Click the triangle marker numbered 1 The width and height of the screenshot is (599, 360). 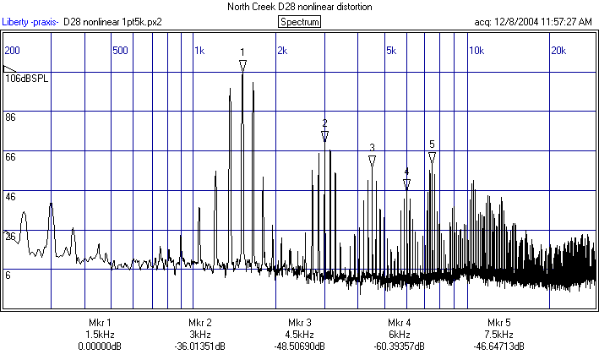coord(242,65)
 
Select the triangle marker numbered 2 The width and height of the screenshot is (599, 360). coord(324,135)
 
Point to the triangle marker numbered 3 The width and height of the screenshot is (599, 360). coord(372,161)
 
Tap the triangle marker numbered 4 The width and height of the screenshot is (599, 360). coord(406,183)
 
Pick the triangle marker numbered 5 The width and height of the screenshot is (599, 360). coord(432,157)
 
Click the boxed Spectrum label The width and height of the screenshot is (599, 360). coord(299,22)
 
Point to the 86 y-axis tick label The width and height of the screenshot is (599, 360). coord(11,117)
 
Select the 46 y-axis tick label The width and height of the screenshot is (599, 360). coord(11,196)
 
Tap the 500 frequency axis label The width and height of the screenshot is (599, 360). coord(120,51)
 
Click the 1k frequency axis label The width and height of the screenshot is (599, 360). coord(199,51)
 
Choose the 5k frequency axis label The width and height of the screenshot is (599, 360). coord(390,51)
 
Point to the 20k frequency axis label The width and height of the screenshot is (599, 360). coord(558,51)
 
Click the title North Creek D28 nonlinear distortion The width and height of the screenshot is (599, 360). coord(299,7)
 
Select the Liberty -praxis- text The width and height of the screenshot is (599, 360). coord(30,22)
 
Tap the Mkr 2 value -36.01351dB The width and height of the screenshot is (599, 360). coord(199,346)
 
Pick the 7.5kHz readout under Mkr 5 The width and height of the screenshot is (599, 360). coord(499,335)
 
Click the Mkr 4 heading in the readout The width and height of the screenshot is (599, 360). coord(399,323)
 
